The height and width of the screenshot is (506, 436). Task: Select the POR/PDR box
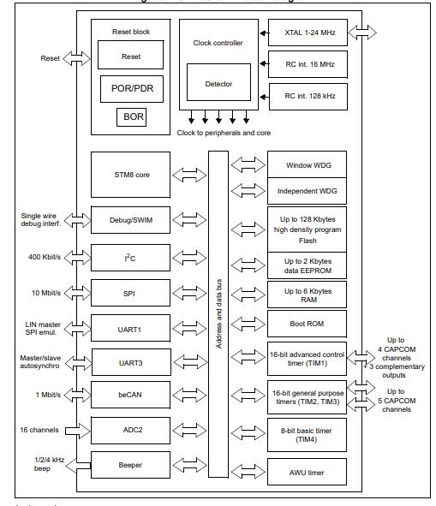pyautogui.click(x=131, y=87)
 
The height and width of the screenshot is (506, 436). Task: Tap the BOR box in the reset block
pyautogui.click(x=131, y=116)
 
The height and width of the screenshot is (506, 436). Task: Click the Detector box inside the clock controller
pyautogui.click(x=218, y=84)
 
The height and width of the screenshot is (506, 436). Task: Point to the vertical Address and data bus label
pyautogui.click(x=218, y=313)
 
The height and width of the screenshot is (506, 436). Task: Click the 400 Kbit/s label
pyautogui.click(x=45, y=256)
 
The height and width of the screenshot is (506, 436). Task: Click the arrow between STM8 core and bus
pyautogui.click(x=188, y=175)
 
